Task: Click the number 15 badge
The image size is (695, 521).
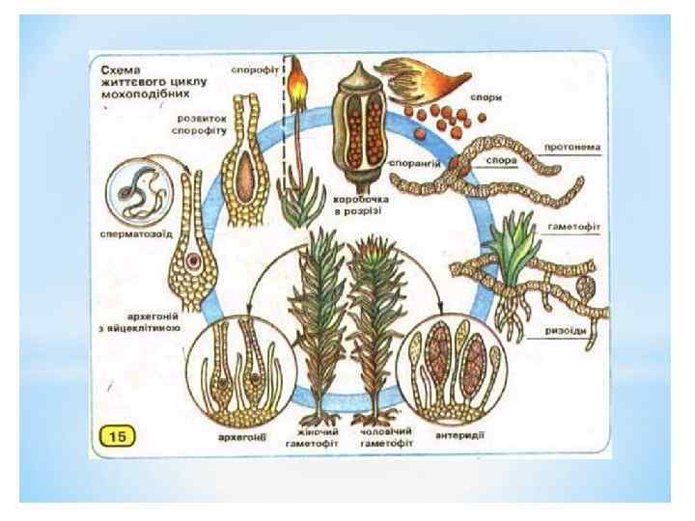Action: (x=121, y=436)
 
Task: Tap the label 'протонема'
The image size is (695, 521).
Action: (x=573, y=148)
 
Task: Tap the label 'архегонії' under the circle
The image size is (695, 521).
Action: (x=241, y=436)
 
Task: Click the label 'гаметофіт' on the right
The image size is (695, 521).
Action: (x=575, y=220)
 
